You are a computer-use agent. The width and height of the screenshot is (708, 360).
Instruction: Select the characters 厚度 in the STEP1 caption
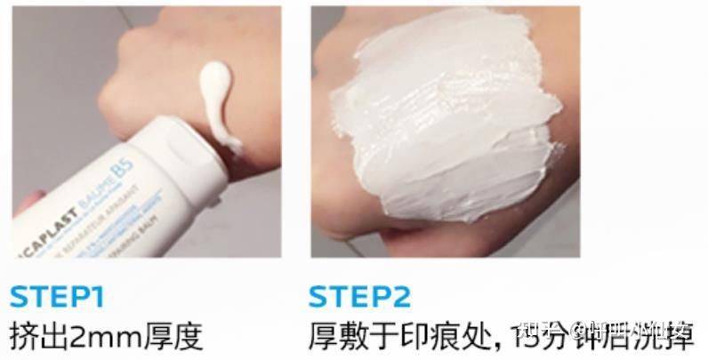(x=173, y=337)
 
